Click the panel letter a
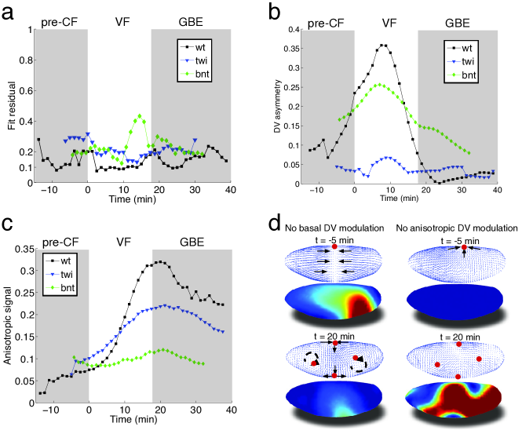[x=10, y=12]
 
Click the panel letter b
[x=276, y=12]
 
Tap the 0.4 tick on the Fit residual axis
[x=24, y=121]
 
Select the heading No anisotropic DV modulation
[x=458, y=228]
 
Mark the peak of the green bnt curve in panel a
[x=139, y=116]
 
